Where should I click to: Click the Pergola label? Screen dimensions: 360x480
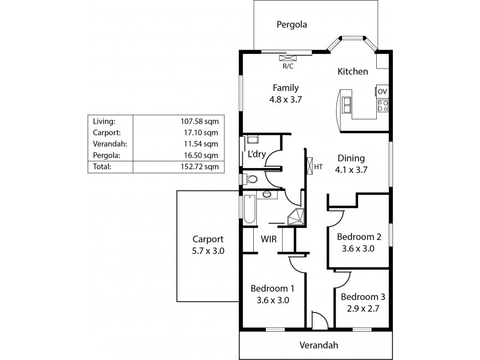292,25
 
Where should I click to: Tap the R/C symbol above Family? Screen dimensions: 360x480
289,58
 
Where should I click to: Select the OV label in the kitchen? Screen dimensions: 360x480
382,91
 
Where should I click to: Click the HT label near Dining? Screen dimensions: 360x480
318,166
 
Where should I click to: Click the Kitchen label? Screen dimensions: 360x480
353,71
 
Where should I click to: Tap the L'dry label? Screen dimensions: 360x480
257,155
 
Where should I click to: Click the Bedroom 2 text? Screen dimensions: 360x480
359,236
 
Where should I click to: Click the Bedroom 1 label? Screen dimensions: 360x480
272,287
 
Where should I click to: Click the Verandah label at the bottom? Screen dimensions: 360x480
319,345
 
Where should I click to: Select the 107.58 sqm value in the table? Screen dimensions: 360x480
200,121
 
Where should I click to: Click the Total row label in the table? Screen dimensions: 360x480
102,167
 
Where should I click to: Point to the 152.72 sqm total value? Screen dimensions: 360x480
200,167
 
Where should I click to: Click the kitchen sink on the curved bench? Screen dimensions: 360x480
347,104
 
